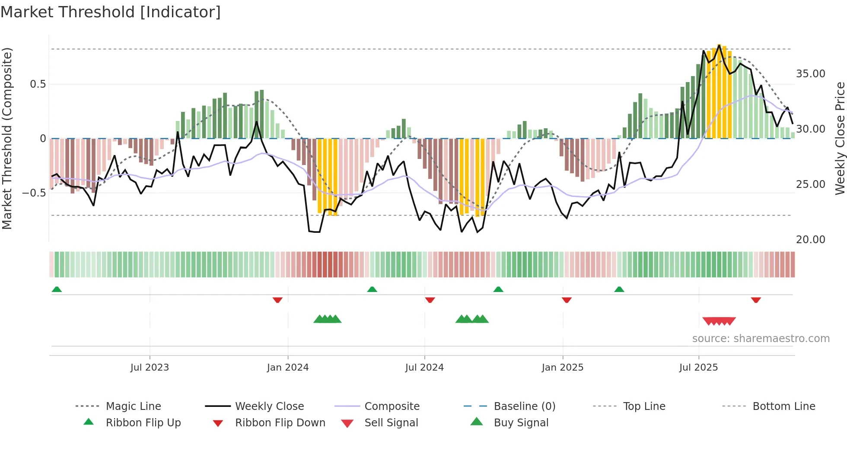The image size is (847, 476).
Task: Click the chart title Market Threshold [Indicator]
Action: coord(111,12)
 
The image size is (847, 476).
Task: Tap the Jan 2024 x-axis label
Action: coord(288,368)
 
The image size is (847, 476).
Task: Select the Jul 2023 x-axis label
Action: coord(150,368)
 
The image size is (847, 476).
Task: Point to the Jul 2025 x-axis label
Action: coord(698,368)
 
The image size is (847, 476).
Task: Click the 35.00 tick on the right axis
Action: coord(810,74)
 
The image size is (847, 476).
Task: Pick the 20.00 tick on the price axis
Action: coord(810,240)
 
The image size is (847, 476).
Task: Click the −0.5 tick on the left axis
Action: coord(34,193)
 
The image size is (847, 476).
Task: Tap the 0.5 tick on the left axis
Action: coord(38,84)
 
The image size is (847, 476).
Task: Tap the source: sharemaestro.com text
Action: coord(761,339)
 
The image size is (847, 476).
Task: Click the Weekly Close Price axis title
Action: coord(840,138)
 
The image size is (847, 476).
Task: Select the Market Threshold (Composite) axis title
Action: coord(7,138)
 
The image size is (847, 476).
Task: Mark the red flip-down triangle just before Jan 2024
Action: coord(277,300)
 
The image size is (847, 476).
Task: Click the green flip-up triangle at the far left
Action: coord(57,289)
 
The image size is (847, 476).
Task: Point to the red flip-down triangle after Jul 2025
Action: coord(756,300)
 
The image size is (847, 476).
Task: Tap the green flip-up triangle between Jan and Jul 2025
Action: coord(619,289)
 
